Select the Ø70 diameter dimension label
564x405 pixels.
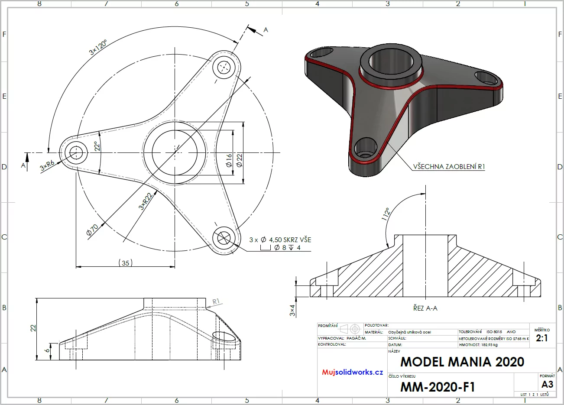(93, 230)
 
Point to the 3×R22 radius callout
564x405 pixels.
(145, 201)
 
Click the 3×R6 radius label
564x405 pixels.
(47, 165)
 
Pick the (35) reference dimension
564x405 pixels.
(126, 263)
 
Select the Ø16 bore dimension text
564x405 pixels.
(229, 160)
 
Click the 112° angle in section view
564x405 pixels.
(386, 214)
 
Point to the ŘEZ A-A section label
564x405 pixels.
(425, 308)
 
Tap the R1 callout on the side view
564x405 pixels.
(216, 301)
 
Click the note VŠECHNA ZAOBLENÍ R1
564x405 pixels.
(449, 167)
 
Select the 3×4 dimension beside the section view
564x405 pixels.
(292, 310)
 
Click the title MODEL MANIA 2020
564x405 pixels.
(462, 362)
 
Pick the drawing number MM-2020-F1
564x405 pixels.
(438, 387)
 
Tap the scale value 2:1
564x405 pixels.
(542, 338)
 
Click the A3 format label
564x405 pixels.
(548, 384)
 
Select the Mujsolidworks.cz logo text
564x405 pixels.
(353, 372)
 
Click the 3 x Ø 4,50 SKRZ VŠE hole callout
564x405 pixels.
(280, 240)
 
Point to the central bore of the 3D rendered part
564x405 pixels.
(391, 61)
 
